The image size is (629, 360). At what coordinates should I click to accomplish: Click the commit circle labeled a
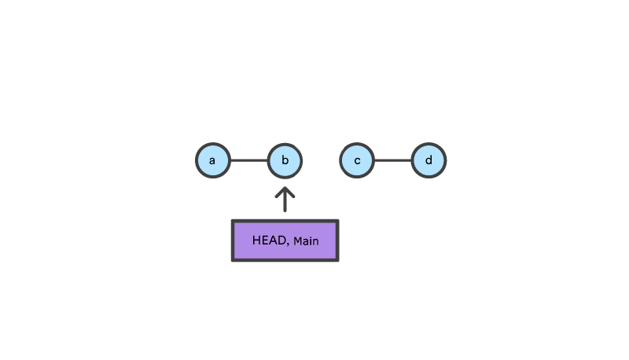(212, 161)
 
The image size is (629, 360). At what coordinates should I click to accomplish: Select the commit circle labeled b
(285, 161)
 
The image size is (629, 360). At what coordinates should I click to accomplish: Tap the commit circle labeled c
(357, 161)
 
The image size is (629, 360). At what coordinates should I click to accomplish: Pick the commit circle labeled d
(429, 161)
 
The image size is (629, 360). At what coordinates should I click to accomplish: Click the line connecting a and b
(248, 161)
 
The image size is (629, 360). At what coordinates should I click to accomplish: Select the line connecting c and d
(393, 161)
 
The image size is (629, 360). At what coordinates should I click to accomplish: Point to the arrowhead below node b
(285, 190)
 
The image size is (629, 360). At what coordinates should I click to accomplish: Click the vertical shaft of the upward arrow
(285, 202)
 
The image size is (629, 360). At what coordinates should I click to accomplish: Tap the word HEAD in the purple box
(270, 241)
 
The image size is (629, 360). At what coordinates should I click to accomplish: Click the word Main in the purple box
(306, 241)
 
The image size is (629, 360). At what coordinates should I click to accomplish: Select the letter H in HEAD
(256, 241)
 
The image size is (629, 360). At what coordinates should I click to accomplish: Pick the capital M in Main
(297, 241)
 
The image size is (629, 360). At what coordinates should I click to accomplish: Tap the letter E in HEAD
(265, 241)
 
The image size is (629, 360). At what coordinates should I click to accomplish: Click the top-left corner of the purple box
(233, 221)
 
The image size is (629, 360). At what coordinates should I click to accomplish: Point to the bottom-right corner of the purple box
(337, 260)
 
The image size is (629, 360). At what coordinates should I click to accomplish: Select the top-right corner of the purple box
(337, 221)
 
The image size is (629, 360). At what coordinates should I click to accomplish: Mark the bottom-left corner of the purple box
(233, 260)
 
